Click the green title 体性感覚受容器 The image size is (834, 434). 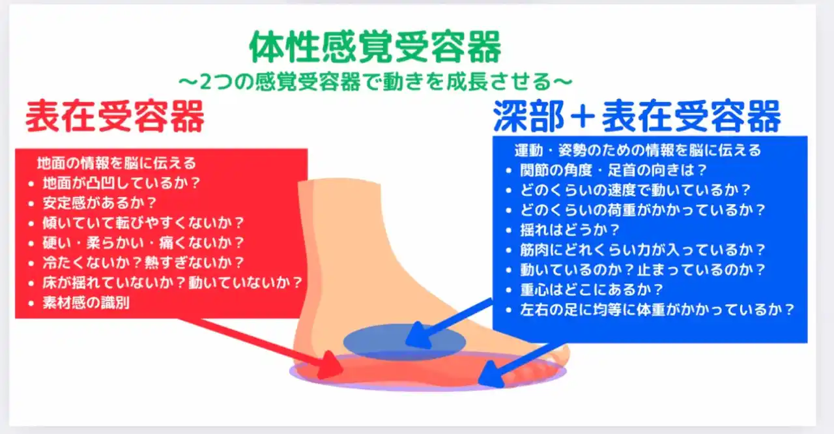click(375, 48)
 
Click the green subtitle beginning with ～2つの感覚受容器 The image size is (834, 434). click(375, 82)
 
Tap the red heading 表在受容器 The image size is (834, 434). click(115, 116)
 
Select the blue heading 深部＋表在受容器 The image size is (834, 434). click(637, 116)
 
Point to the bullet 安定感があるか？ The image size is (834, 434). click(100, 203)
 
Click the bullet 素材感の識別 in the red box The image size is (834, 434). click(86, 302)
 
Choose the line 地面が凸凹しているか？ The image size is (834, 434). click(121, 183)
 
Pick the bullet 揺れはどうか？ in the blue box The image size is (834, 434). click(569, 229)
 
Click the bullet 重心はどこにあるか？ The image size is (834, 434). click(592, 289)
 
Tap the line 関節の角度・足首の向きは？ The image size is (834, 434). click(613, 170)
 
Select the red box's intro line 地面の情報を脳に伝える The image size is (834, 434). click(116, 163)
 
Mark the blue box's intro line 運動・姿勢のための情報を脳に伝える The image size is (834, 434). click(638, 150)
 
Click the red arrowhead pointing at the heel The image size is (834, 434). click(330, 366)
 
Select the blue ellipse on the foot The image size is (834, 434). click(405, 341)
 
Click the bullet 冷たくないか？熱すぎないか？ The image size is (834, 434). click(143, 263)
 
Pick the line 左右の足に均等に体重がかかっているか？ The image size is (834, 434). click(657, 310)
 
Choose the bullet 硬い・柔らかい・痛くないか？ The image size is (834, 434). click(143, 242)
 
